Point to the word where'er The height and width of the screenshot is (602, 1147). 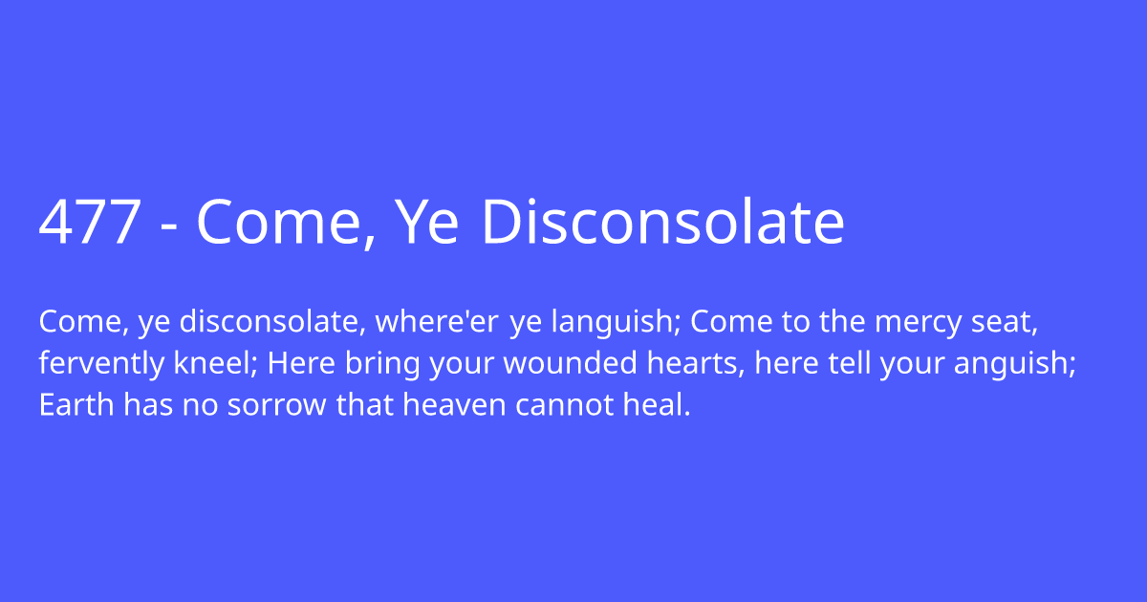(437, 323)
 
